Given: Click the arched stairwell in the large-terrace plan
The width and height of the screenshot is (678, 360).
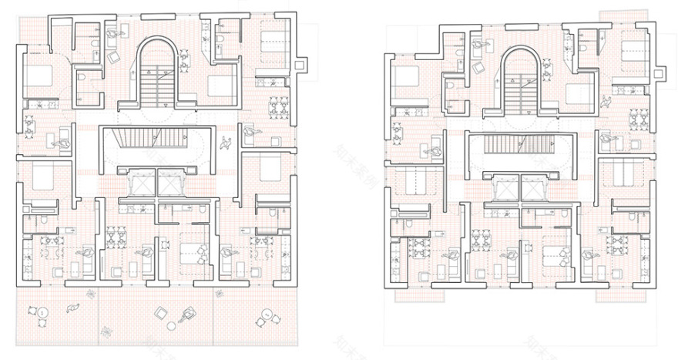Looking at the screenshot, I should coord(160,73).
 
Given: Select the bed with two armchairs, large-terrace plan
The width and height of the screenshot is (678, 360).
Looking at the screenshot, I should coord(190,251).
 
